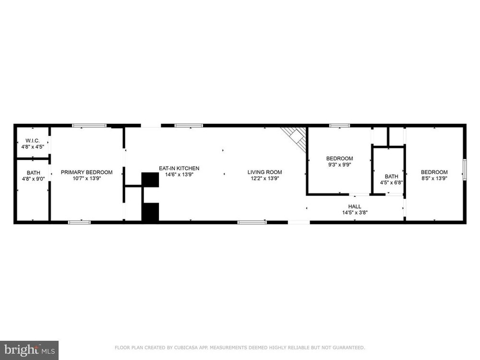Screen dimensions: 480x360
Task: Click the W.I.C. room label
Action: (x=33, y=141)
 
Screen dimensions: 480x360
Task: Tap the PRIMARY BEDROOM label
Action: (x=86, y=172)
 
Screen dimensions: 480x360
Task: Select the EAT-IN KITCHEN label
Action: (x=179, y=168)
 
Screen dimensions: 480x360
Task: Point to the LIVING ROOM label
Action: (x=265, y=172)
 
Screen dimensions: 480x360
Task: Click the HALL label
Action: (x=355, y=206)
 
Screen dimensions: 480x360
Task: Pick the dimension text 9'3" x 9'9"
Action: (x=339, y=164)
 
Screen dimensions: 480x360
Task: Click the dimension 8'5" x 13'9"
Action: (x=434, y=178)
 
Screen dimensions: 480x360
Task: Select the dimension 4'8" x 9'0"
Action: (x=34, y=179)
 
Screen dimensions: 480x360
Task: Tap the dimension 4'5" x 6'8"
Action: (x=392, y=182)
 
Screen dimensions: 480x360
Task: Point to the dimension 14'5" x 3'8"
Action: (x=355, y=212)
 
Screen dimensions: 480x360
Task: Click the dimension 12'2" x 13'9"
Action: (x=265, y=178)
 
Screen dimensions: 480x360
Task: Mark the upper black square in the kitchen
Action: (x=150, y=180)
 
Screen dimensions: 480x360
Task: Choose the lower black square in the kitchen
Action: (x=150, y=212)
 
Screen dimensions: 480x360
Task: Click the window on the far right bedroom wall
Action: (x=464, y=169)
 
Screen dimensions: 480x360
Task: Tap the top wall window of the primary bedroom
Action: (x=89, y=125)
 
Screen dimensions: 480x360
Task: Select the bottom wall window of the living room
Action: (x=252, y=222)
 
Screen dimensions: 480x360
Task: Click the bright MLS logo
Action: (x=29, y=350)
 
